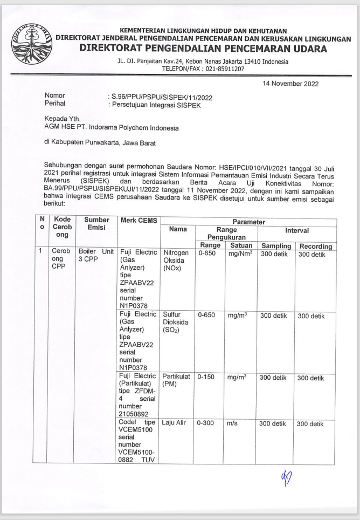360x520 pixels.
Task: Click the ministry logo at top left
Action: [34, 43]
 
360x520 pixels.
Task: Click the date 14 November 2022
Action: [290, 84]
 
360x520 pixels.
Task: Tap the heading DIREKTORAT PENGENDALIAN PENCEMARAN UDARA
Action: [203, 49]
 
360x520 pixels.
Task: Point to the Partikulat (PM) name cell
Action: [176, 382]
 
